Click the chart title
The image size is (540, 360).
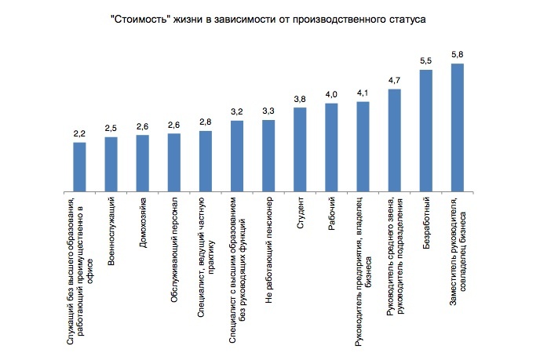[x=269, y=18]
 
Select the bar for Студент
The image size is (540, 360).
[x=300, y=150]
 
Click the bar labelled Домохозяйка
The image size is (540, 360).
[x=142, y=164]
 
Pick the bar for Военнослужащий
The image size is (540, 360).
[x=111, y=165]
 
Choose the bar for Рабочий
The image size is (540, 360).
[x=331, y=147]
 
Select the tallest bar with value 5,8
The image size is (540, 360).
[x=458, y=128]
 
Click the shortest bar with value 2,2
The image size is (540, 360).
[x=79, y=168]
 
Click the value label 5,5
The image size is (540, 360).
[x=426, y=61]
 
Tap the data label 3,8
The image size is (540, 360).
[x=300, y=100]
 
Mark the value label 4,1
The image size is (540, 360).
[x=363, y=93]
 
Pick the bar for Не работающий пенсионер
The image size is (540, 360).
[x=268, y=156]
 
